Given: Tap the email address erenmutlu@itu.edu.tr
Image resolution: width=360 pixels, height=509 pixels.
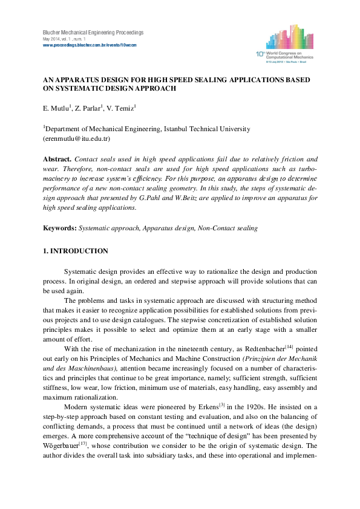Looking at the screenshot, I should coord(75,138).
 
